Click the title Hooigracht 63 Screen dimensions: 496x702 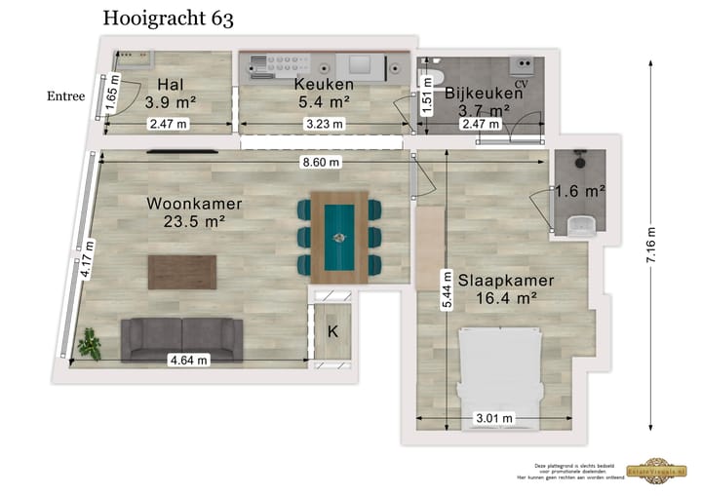pyautogui.click(x=168, y=19)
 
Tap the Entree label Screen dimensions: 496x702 pyautogui.click(x=65, y=96)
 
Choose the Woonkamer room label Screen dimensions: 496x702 pyautogui.click(x=194, y=212)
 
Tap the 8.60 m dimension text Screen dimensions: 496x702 pyautogui.click(x=321, y=162)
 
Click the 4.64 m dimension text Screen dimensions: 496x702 pyautogui.click(x=189, y=360)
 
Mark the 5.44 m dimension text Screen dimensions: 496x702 pyautogui.click(x=447, y=289)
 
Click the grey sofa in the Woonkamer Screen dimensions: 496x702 pyautogui.click(x=181, y=339)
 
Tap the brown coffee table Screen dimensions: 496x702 pyautogui.click(x=182, y=272)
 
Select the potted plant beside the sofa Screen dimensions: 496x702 pyautogui.click(x=92, y=342)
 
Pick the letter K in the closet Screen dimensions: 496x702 pyautogui.click(x=332, y=331)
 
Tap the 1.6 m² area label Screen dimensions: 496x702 pyautogui.click(x=580, y=191)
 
